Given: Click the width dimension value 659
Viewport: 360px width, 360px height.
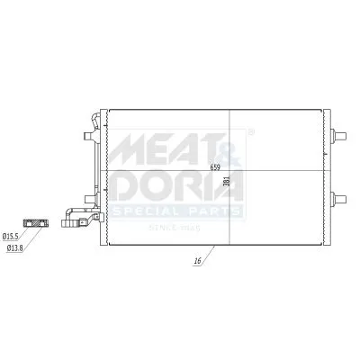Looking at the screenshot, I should [x=215, y=167].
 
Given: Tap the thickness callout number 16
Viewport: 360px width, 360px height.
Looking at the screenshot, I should [x=196, y=262].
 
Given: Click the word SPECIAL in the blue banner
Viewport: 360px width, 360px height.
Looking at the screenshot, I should [x=151, y=212].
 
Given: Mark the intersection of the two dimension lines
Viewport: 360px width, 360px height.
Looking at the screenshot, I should [x=231, y=172].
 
